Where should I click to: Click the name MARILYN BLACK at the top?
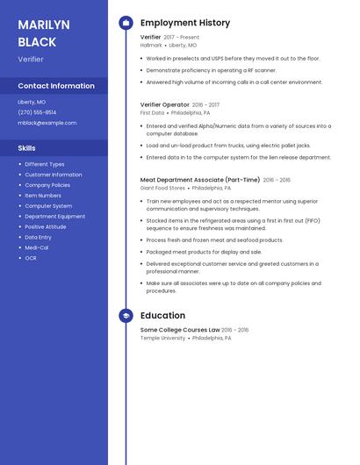tap(37, 32)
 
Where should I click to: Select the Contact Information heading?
tap(56, 86)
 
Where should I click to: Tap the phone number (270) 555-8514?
tap(37, 112)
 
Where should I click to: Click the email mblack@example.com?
tap(47, 123)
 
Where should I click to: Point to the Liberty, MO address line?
tap(32, 102)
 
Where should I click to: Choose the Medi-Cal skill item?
tap(37, 247)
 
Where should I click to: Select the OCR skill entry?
tap(31, 258)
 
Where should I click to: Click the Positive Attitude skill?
tap(45, 226)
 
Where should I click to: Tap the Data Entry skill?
tap(38, 237)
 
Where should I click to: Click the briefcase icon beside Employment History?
tap(126, 23)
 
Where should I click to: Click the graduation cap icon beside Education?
tap(126, 316)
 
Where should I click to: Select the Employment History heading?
tap(185, 23)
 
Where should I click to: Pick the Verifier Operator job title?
tap(164, 104)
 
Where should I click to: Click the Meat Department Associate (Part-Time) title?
tap(200, 180)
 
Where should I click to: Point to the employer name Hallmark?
tap(151, 45)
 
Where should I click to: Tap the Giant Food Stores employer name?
tap(162, 188)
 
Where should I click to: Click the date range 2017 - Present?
tap(181, 38)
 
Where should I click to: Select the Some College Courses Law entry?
tap(180, 330)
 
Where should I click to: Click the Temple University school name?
tap(162, 338)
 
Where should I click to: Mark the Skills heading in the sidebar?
tap(26, 148)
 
